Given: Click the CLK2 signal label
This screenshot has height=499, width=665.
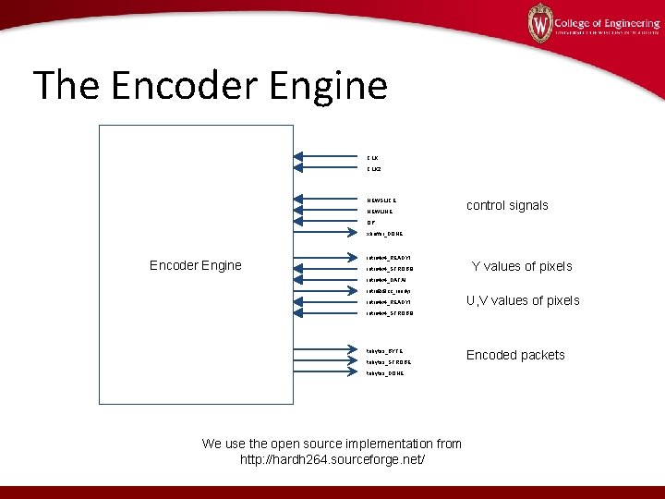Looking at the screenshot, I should click(x=373, y=170).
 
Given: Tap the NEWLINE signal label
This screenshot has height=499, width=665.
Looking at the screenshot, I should click(x=380, y=211).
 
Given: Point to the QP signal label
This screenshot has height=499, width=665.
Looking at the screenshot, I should click(x=370, y=223).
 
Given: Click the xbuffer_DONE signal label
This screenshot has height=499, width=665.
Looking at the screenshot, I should click(x=384, y=234).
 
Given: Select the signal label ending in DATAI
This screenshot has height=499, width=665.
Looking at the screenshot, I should click(x=385, y=279).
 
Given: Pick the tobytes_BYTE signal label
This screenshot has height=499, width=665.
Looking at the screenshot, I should click(x=384, y=351).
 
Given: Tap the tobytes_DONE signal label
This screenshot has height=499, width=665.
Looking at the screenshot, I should click(x=385, y=373).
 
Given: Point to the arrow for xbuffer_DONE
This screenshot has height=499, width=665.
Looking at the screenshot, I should click(x=328, y=233).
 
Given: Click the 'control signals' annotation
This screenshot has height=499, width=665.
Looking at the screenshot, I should click(x=507, y=205).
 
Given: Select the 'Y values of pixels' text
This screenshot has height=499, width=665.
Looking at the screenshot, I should click(x=522, y=266).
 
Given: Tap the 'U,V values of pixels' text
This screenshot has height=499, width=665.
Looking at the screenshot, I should click(x=523, y=300).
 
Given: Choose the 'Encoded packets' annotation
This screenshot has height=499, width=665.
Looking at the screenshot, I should click(x=515, y=355).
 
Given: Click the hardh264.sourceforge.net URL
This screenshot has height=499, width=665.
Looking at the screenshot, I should click(x=332, y=459).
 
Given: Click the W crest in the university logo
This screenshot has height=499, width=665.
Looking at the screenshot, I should click(x=539, y=22).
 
